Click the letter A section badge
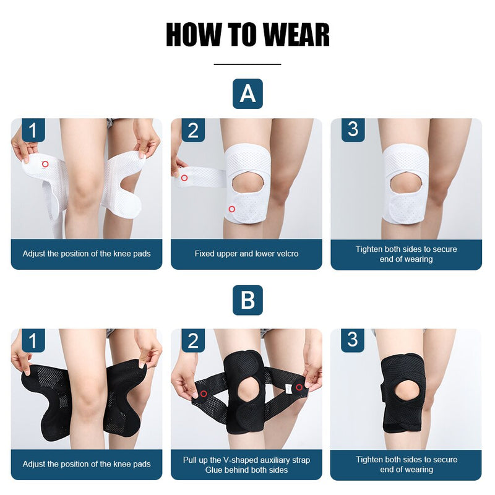[x=247, y=94]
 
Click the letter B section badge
[x=247, y=301]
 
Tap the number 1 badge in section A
[x=33, y=130]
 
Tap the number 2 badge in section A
[x=193, y=130]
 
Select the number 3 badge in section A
[x=353, y=130]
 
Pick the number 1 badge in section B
[x=33, y=340]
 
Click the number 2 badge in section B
[x=193, y=340]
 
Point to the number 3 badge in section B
[x=353, y=340]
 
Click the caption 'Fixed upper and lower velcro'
[x=246, y=254]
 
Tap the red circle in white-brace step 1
[x=45, y=164]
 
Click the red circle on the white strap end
[x=184, y=178]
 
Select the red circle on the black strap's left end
[x=203, y=394]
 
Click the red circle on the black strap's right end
[x=299, y=387]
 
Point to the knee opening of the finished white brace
[x=406, y=184]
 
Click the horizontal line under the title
[x=247, y=64]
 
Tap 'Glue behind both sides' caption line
[x=246, y=470]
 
